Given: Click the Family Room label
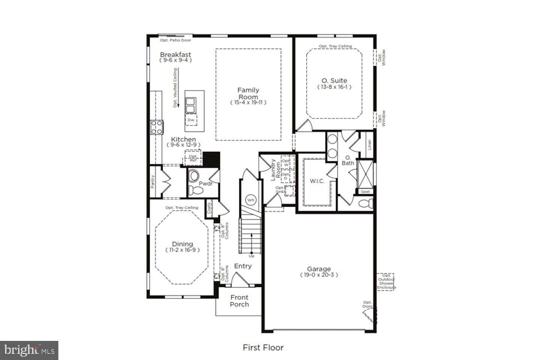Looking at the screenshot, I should point(248,93).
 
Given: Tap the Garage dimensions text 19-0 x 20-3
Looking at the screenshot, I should point(319,275).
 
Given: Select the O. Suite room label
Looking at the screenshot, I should point(334,81).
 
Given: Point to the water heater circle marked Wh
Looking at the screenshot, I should point(251,200).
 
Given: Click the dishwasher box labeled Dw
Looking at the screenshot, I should point(191,120).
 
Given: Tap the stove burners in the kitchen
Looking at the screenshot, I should point(156,127).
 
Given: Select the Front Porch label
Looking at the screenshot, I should point(239,301).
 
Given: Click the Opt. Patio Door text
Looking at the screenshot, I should point(175,40).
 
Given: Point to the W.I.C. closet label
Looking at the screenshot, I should point(317,181).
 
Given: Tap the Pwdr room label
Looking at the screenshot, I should point(205,183).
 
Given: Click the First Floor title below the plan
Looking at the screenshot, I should point(263,348).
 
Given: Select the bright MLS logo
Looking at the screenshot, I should point(29,350).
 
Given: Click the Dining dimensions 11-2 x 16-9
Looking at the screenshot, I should point(182,250).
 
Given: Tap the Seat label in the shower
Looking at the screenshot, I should point(365,192).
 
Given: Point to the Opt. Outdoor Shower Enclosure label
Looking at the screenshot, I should point(386,282).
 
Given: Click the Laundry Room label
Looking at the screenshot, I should point(276,169).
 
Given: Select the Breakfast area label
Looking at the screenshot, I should point(175,55).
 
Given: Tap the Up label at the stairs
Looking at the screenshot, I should point(251,256).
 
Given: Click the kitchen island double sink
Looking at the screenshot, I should point(191,105).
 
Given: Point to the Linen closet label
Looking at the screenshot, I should point(369,144).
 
